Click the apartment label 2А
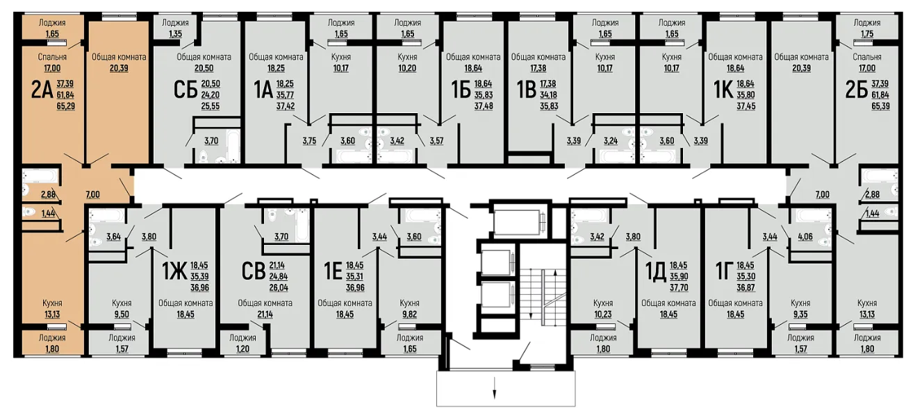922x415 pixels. [42, 91]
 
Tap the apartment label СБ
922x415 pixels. [186, 91]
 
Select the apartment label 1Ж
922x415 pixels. [174, 272]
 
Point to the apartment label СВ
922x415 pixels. [253, 272]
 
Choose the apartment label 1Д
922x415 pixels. [655, 272]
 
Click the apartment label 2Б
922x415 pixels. [856, 91]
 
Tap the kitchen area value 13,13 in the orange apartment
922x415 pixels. [52, 314]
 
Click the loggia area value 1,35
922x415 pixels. [175, 34]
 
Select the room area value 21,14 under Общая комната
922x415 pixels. [265, 314]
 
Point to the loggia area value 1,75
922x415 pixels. [867, 34]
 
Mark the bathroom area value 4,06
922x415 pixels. [805, 237]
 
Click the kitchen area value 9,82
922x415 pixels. [409, 314]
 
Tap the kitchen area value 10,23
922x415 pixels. [603, 314]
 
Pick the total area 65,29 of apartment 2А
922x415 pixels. [66, 106]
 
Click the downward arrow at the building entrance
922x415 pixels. [494, 387]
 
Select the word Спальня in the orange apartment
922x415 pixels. [52, 57]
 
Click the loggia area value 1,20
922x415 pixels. [243, 349]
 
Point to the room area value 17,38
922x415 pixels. [538, 68]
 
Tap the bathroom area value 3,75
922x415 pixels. [309, 141]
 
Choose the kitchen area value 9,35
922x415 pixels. [800, 314]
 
